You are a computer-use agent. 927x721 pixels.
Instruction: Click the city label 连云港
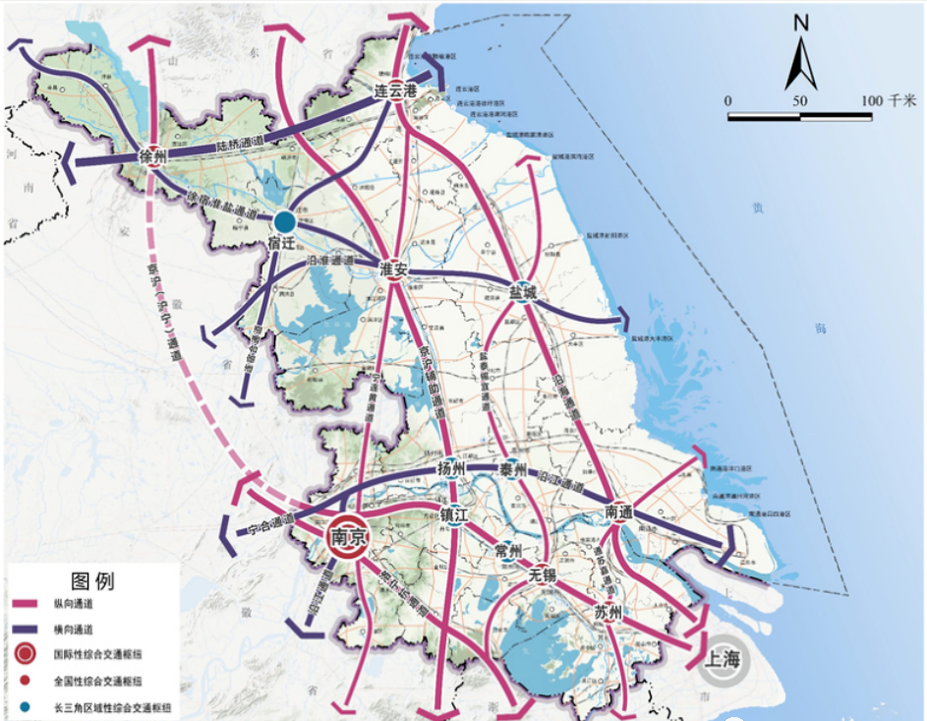[x=396, y=90]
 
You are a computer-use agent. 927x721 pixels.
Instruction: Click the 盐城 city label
[x=523, y=291]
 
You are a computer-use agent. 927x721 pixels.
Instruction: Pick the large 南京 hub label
[x=350, y=536]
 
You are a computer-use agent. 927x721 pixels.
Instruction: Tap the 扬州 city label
[x=449, y=468]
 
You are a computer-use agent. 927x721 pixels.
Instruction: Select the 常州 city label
[x=507, y=551]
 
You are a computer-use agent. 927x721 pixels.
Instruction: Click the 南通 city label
[x=619, y=511]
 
